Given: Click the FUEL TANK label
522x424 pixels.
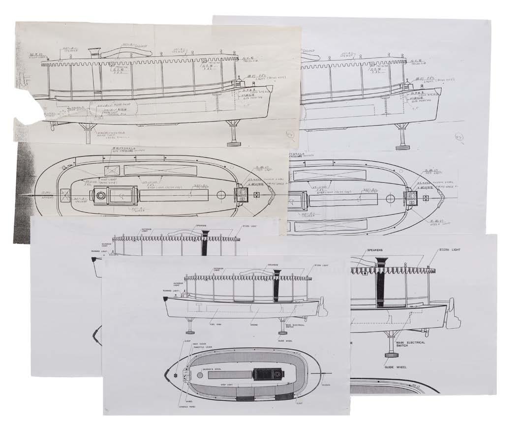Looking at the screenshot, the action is [x=214, y=323].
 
